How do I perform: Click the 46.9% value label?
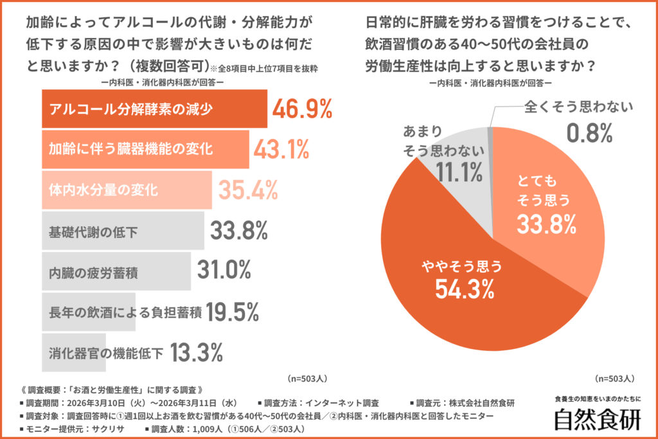[302, 109]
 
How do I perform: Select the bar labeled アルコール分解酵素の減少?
[154, 109]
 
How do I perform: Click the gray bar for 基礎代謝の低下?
[123, 231]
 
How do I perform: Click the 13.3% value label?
[197, 352]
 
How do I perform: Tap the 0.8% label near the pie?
[588, 133]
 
